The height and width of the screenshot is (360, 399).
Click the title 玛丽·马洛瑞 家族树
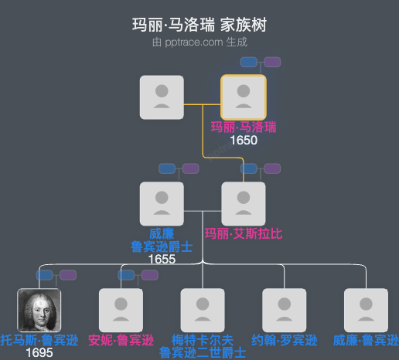click(199, 25)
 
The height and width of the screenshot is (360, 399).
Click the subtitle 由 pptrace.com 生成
click(199, 42)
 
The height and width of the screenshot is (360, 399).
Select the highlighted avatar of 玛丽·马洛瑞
click(244, 97)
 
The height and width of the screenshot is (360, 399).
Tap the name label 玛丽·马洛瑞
click(244, 127)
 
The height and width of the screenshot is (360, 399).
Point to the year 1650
click(244, 141)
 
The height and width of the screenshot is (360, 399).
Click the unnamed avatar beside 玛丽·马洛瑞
click(162, 97)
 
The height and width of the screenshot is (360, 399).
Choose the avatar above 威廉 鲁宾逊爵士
click(162, 204)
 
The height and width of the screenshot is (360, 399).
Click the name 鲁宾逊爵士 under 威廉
click(162, 246)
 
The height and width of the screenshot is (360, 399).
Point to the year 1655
click(162, 260)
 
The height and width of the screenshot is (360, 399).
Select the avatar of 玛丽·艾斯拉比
click(244, 204)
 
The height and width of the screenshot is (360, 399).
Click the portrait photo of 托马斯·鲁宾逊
click(39, 311)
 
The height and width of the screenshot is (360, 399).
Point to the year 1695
click(39, 353)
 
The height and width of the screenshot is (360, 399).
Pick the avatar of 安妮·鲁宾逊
click(121, 311)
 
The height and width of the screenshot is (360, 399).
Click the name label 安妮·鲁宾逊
click(121, 340)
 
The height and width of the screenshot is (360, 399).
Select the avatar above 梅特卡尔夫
click(203, 311)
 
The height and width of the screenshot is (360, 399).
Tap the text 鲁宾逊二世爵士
click(203, 353)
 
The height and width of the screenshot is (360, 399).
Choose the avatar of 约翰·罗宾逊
click(285, 311)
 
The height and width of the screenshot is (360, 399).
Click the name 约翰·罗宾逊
click(285, 340)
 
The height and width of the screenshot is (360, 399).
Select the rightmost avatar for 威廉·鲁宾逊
click(366, 311)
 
